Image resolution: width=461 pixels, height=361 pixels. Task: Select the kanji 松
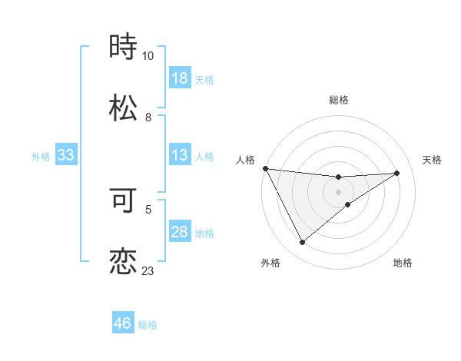click(x=123, y=108)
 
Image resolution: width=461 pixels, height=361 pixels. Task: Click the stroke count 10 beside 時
click(x=148, y=56)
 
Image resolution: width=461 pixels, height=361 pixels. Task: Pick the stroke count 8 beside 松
click(x=148, y=118)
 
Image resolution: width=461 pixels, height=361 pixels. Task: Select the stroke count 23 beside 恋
click(x=148, y=271)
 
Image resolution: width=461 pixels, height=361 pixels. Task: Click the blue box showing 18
click(x=180, y=78)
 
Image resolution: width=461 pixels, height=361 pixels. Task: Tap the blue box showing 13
click(x=180, y=155)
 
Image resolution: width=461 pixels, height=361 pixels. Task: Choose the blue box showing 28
click(x=180, y=232)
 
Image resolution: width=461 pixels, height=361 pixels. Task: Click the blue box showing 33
click(x=66, y=155)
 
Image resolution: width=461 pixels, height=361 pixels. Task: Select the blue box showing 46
click(x=123, y=323)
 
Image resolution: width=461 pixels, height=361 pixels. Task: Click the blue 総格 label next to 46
click(x=148, y=325)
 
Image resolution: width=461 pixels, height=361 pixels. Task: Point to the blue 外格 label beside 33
click(x=41, y=157)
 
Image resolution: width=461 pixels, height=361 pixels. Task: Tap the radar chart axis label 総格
click(x=339, y=100)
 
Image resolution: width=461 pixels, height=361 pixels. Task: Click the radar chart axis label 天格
click(x=433, y=160)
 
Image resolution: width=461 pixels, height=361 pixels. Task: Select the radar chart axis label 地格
click(x=403, y=263)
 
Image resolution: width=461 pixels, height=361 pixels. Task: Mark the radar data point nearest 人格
click(x=265, y=168)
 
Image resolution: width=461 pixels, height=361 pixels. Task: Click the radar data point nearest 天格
click(x=397, y=173)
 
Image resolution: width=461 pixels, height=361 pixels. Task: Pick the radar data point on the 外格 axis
click(x=302, y=243)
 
